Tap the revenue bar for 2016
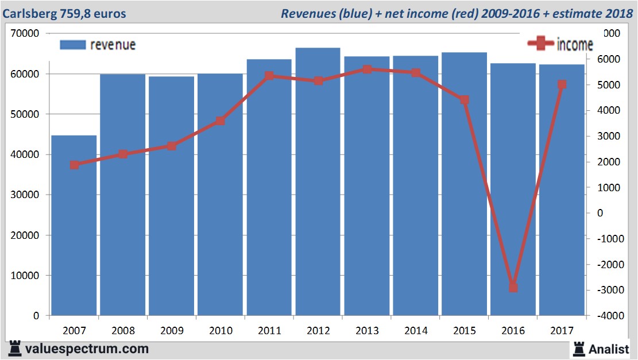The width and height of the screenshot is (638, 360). click(513, 189)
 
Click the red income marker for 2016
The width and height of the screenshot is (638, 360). click(513, 287)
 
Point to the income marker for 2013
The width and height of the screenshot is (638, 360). click(367, 69)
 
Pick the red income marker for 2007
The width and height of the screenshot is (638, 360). click(74, 165)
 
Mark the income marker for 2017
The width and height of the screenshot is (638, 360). click(562, 84)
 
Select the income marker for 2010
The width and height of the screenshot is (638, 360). click(221, 121)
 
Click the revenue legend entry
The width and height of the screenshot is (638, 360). click(98, 45)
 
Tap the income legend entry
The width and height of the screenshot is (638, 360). click(560, 44)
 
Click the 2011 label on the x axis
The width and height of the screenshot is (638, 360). click(269, 331)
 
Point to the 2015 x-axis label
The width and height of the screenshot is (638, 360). click(465, 331)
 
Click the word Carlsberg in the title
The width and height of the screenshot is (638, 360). click(29, 13)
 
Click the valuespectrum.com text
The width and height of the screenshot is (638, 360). click(86, 349)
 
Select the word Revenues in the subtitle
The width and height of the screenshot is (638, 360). click(306, 13)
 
